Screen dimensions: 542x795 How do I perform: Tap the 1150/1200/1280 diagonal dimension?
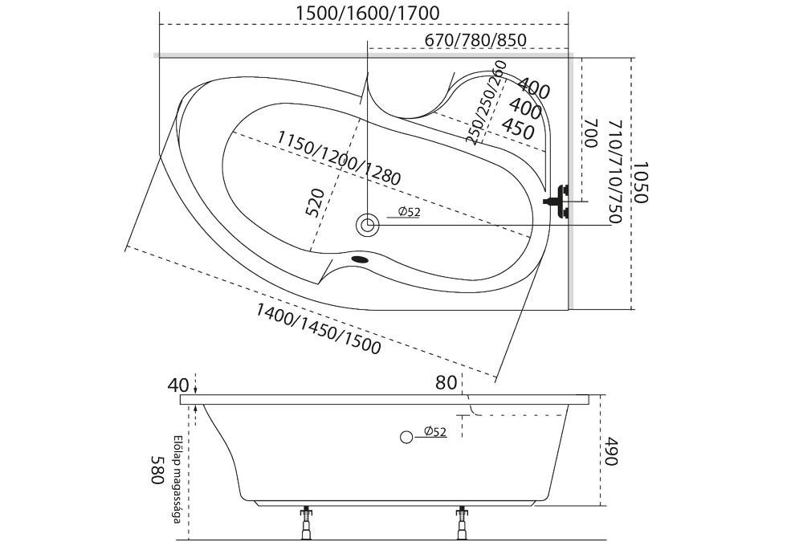(x=337, y=157)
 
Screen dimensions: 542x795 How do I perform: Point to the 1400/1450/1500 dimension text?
(x=318, y=328)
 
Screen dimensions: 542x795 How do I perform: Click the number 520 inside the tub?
(x=316, y=203)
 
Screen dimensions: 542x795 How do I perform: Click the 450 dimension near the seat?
(x=519, y=128)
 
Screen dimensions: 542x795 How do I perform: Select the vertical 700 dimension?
(x=591, y=132)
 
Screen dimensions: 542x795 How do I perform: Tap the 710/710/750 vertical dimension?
(x=615, y=173)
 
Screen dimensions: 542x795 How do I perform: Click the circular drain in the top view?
(x=369, y=224)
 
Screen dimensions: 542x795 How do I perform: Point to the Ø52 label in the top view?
(x=409, y=212)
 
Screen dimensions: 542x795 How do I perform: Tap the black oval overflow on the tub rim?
(x=361, y=259)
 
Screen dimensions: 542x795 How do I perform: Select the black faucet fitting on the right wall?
(x=556, y=201)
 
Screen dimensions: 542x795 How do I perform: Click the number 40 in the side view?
(x=177, y=385)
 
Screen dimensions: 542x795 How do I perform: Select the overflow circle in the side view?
(x=406, y=436)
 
